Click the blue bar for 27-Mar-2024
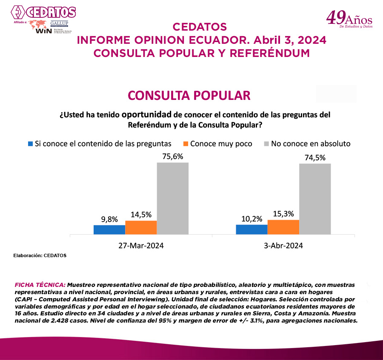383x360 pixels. pos(109,230)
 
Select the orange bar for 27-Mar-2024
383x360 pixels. pos(141,227)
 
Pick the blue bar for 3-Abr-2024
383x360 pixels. pos(252,229)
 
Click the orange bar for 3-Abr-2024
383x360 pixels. pos(283,227)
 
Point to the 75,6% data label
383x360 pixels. pos(172,156)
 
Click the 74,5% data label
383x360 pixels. pos(315,157)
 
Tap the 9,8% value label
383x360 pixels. pos(109,219)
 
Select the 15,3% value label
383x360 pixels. pos(283,214)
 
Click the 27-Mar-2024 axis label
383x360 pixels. pos(141,245)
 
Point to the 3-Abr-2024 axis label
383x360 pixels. pos(283,245)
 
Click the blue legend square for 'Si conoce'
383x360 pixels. pos(30,144)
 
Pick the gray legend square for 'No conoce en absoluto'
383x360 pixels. pos(267,144)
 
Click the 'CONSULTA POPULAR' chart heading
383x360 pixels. pos(189,95)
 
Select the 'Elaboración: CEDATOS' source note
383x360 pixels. pos(40,255)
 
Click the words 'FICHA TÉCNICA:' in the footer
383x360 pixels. pos(40,284)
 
